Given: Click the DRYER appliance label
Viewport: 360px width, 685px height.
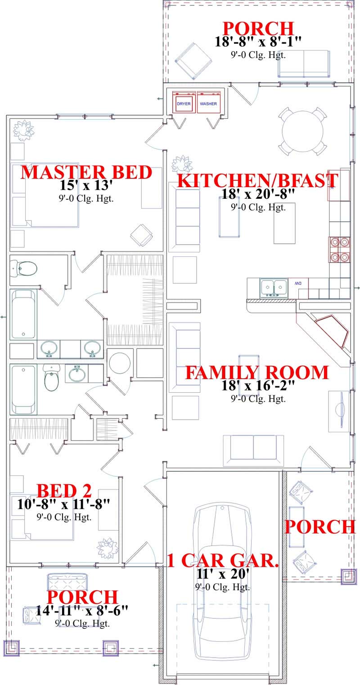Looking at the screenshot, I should [184, 104].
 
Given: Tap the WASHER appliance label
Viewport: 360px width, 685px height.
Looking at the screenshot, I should [208, 104].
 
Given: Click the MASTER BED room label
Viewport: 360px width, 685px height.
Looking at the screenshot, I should [86, 173].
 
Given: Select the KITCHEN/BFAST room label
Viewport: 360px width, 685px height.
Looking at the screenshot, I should [258, 180].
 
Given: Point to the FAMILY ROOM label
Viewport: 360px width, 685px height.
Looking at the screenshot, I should [257, 373].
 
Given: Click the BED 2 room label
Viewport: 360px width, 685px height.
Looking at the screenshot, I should [64, 491].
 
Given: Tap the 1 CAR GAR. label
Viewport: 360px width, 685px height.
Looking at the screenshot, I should [223, 561].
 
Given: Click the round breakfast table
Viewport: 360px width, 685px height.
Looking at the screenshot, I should [302, 131].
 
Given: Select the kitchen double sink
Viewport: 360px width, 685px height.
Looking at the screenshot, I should [274, 287].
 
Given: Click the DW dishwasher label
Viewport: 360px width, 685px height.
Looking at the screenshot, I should [298, 284].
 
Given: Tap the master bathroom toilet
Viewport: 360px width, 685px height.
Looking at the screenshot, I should [24, 269].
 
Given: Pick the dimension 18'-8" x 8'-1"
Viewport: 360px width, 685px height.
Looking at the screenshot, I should [258, 41].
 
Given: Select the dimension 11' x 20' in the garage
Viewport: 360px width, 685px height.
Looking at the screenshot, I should [223, 574].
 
